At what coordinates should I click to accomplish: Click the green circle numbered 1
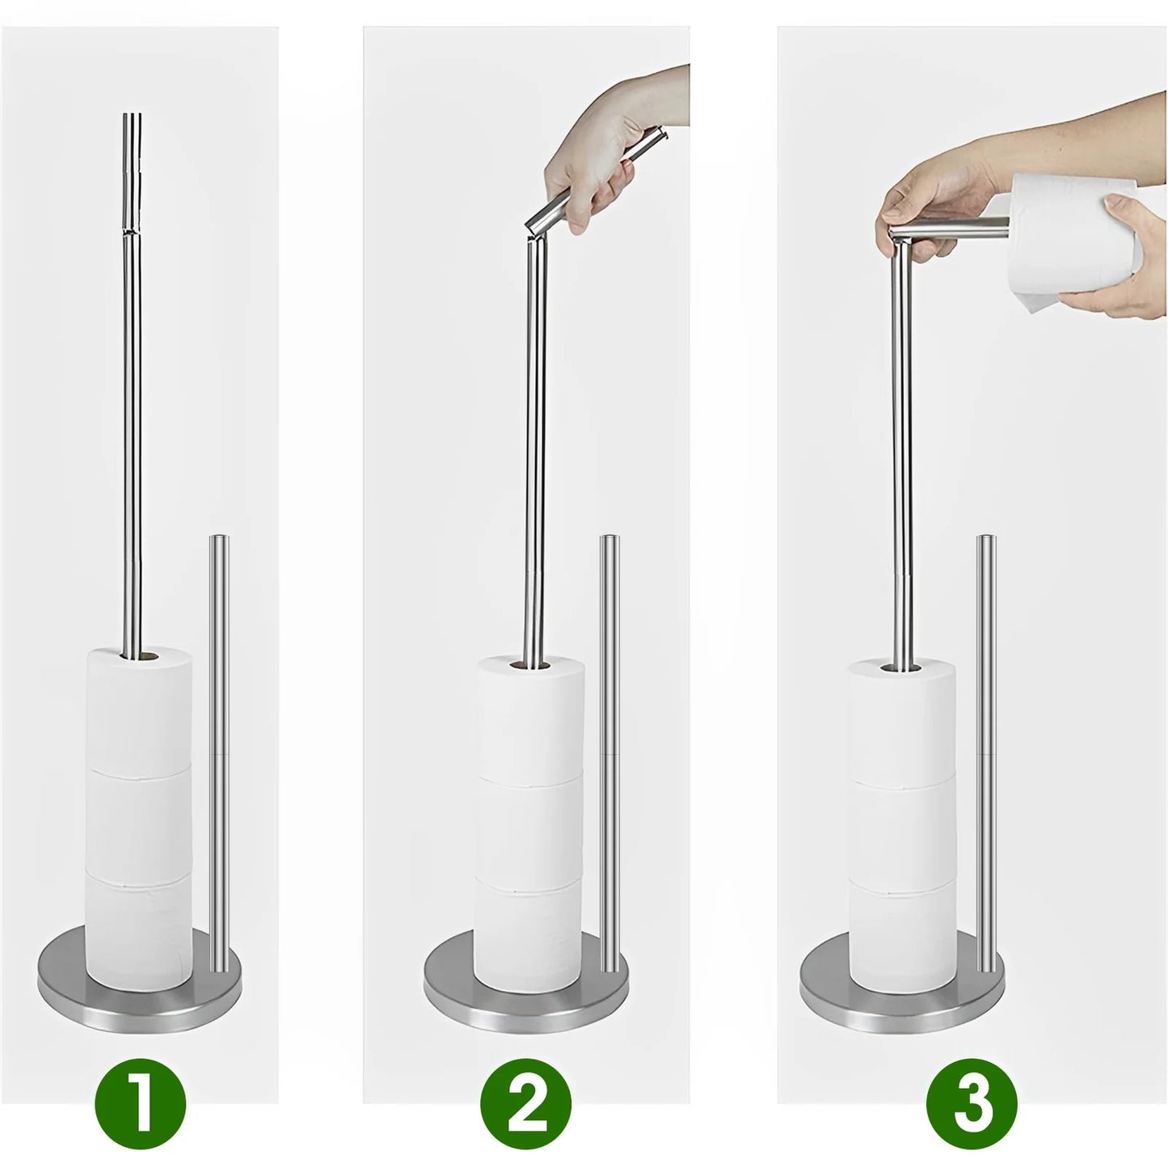coord(141,1102)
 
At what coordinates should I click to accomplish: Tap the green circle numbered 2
coord(526,1102)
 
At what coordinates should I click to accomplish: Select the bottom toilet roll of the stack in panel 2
coord(529,930)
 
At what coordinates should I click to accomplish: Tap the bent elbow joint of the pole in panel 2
coord(534,231)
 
